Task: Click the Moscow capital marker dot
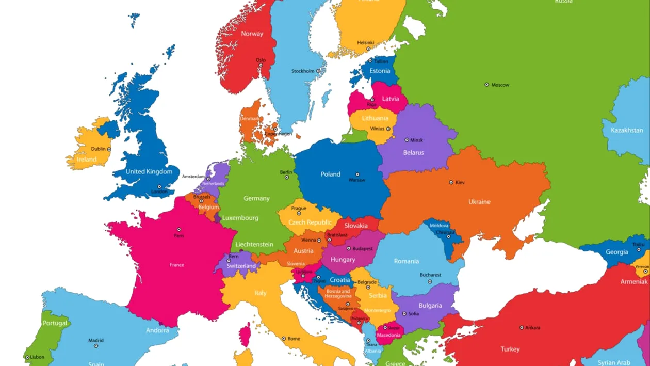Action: [486, 85]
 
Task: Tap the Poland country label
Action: [331, 174]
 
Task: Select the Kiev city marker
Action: [451, 182]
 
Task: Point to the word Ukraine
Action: [479, 202]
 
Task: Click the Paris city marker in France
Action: [179, 230]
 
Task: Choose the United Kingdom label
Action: [149, 172]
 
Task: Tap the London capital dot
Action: [159, 187]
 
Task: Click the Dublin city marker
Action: [109, 149]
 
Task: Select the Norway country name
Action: [252, 34]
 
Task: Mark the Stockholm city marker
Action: [318, 71]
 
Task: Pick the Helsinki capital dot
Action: [368, 49]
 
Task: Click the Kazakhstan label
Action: [627, 131]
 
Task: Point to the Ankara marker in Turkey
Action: [522, 328]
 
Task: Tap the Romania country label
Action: [407, 261]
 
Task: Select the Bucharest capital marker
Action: [430, 282]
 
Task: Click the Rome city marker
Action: [284, 339]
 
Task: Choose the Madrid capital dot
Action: [96, 346]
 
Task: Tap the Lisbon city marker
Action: [27, 357]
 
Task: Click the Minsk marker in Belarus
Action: [407, 140]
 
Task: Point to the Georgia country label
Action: [616, 252]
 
